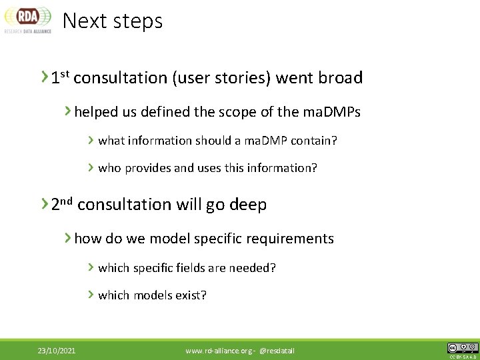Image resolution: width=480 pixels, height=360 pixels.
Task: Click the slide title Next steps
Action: pyautogui.click(x=112, y=21)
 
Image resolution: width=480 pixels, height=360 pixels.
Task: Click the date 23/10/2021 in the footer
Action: pyautogui.click(x=56, y=351)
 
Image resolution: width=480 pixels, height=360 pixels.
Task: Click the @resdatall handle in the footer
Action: pyautogui.click(x=277, y=351)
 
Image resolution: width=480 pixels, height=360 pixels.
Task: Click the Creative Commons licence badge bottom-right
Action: pyautogui.click(x=462, y=349)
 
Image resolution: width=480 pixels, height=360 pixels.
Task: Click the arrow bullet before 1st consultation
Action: pyautogui.click(x=44, y=77)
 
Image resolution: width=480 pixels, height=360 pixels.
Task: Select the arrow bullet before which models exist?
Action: pyautogui.click(x=91, y=295)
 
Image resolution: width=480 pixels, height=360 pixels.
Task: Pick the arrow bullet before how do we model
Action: pyautogui.click(x=68, y=238)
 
